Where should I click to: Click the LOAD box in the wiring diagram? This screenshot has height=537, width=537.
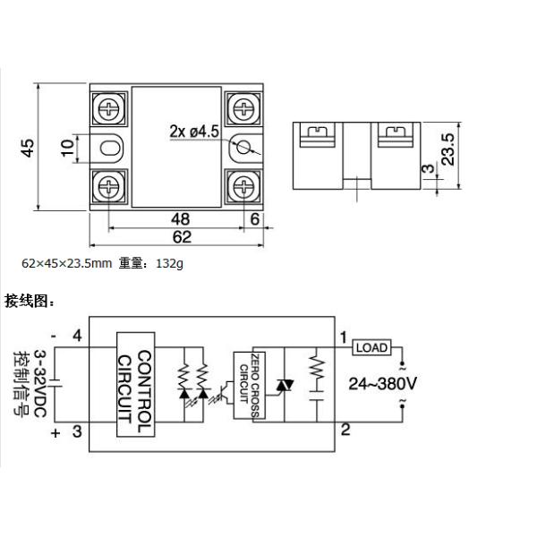pos(371,347)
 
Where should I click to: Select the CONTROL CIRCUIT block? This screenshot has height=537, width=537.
pos(136,384)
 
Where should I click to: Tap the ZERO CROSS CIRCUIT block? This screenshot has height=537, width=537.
pos(250,385)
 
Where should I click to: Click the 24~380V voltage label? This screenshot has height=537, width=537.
pos(382,384)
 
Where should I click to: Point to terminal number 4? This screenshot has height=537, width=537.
pos(77,336)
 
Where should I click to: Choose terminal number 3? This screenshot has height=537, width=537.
pos(77,431)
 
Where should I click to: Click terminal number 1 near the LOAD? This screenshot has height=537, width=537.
pos(344,337)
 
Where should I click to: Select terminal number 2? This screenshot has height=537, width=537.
pos(345,430)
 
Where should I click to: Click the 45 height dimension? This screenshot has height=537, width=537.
pos(28,148)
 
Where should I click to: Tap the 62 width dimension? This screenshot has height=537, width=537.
pos(182,237)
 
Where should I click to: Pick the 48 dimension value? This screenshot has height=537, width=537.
pos(180,219)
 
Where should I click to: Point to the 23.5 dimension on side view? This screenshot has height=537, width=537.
pos(447,149)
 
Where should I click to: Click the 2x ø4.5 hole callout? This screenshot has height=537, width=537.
pos(194,132)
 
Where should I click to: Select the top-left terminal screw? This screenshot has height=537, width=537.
pos(109,108)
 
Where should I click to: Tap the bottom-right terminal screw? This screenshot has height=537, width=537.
pos(243,187)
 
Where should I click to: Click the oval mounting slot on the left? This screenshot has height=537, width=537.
pos(110,149)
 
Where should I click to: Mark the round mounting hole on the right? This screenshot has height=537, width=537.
pos(243,148)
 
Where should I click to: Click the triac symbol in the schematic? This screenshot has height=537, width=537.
pos(285,386)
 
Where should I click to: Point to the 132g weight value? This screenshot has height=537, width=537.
pos(169,263)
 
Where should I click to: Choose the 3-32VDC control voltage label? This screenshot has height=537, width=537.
pos(40,384)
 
